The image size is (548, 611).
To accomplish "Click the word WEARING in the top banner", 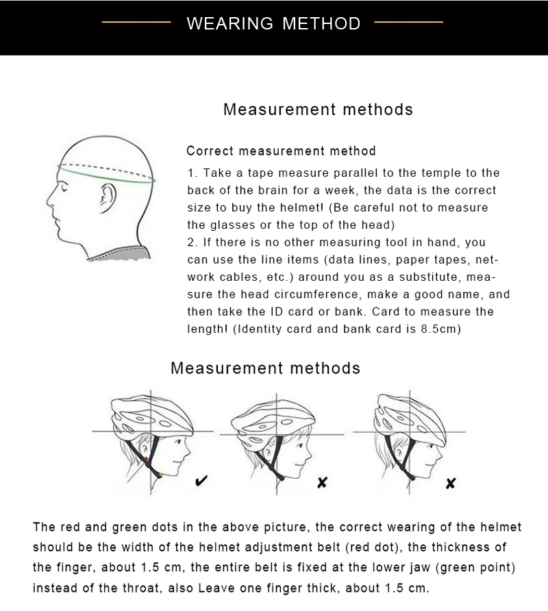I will click(x=229, y=23).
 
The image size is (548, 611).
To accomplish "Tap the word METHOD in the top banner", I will click(x=320, y=23).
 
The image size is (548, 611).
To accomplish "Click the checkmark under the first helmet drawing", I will click(x=203, y=482).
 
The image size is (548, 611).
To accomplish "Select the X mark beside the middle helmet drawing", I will click(x=322, y=483).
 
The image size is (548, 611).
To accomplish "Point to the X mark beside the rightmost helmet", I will click(x=450, y=484).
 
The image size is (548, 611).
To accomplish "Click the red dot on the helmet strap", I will click(x=146, y=459).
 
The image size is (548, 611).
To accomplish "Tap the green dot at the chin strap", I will click(x=160, y=473).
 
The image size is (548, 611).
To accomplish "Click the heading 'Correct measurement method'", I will click(x=281, y=151).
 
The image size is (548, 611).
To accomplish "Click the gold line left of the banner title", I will click(x=136, y=23).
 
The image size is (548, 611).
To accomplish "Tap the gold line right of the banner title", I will click(x=409, y=23).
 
